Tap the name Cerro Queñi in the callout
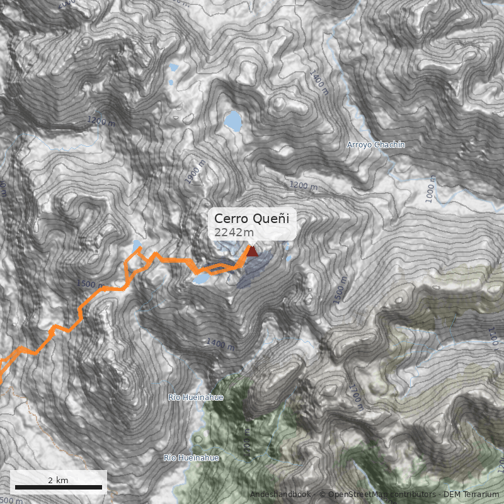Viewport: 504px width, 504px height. pos(251,219)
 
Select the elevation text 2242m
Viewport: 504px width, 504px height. pos(234,233)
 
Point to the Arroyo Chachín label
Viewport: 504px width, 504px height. pos(376,145)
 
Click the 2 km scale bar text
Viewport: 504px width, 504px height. pos(58,480)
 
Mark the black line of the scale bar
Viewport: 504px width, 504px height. pos(58,487)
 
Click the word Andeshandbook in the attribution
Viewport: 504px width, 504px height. pos(281,495)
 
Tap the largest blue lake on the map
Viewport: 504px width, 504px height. pos(233,120)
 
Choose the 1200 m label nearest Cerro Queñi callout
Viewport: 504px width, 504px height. pos(304,186)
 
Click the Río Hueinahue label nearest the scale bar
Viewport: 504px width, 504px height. pos(192,458)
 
